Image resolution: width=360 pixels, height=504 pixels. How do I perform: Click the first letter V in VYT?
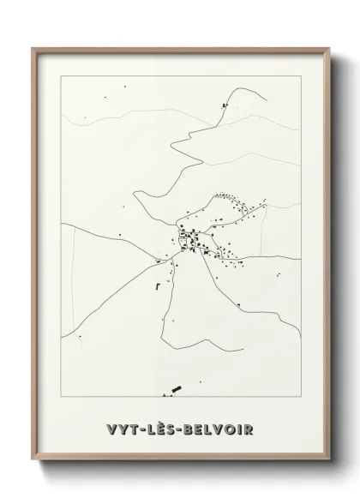[x=112, y=429]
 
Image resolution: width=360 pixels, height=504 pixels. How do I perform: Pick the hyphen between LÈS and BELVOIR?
[x=182, y=429]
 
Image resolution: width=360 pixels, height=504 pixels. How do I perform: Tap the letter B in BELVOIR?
[x=192, y=429]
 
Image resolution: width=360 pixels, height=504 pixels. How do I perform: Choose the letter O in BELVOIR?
[x=228, y=429]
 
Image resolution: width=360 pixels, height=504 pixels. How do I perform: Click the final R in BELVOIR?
[x=249, y=429]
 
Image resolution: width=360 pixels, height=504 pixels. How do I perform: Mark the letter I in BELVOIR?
[x=238, y=429]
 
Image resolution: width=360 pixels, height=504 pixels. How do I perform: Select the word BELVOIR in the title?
[x=220, y=429]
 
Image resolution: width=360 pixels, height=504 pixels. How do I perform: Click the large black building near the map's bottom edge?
[x=177, y=391]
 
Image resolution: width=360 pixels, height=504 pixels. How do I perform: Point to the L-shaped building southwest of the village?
[x=157, y=287]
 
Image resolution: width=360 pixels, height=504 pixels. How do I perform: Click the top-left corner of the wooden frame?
[x=33, y=49]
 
